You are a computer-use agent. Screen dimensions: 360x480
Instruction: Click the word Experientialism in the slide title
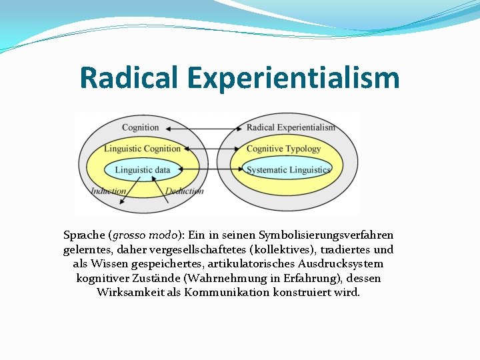tap(293, 78)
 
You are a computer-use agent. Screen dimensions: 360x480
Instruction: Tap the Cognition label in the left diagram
tap(140, 127)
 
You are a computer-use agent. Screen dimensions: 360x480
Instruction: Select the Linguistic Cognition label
tap(142, 149)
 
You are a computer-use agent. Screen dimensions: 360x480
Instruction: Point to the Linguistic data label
tap(142, 170)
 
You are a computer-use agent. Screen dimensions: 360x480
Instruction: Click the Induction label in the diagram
tap(109, 191)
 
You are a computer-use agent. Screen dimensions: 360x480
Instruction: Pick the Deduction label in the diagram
tap(184, 191)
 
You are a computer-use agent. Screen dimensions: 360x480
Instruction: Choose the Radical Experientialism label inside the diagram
tap(291, 127)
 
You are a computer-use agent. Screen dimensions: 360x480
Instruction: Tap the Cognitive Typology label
tap(283, 149)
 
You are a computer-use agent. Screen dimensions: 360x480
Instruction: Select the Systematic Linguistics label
tap(288, 170)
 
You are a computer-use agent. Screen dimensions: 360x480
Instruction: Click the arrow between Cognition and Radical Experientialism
tap(204, 127)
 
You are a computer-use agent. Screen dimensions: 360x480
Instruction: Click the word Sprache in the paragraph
tap(84, 235)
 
